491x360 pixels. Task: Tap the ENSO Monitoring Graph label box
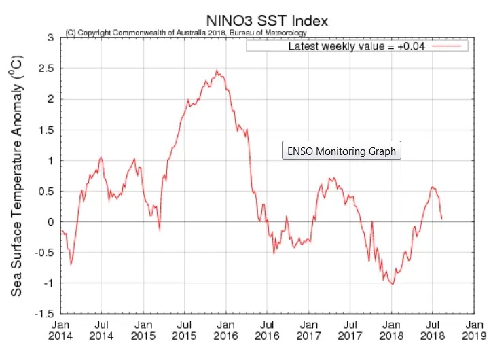[x=342, y=151]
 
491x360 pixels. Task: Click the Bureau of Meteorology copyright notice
[x=186, y=33]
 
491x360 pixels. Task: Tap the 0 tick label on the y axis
[x=51, y=222]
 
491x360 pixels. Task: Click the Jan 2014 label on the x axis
[x=60, y=330]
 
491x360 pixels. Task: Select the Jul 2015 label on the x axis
[x=184, y=330]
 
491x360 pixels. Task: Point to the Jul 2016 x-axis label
[x=267, y=330]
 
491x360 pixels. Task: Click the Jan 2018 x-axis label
[x=391, y=330]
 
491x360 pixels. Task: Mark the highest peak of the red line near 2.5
[x=217, y=70]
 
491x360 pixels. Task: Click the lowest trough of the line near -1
[x=393, y=284]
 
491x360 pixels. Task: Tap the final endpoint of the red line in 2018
[x=442, y=219]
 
